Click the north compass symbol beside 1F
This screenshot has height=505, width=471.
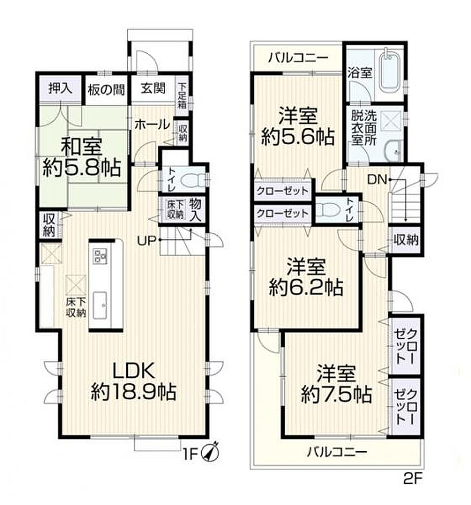point(210,453)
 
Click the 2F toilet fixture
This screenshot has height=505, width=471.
point(327,211)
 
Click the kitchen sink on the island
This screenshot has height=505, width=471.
point(100,305)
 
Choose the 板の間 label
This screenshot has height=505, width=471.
point(107,90)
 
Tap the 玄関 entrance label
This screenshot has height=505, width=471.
point(153,88)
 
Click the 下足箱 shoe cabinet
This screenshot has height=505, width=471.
point(182,95)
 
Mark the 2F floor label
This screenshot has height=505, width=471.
point(412,479)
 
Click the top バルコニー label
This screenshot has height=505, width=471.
point(299,58)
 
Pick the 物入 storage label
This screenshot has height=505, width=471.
point(195,210)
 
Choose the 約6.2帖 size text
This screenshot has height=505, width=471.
point(306,288)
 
